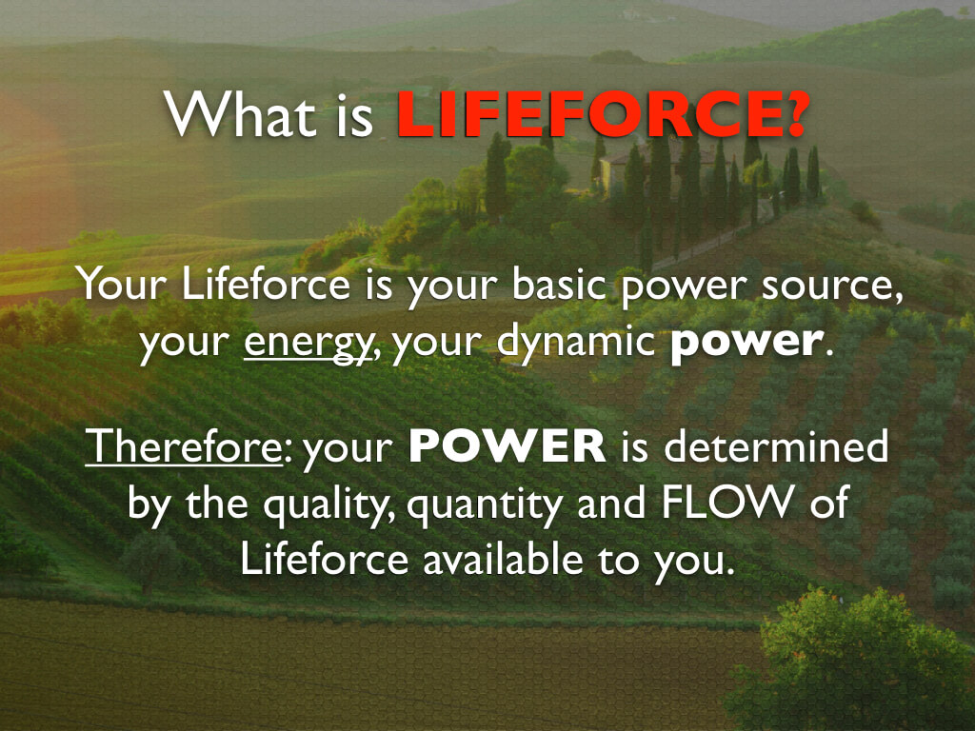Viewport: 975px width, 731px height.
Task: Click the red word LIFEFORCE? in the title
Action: coord(603,114)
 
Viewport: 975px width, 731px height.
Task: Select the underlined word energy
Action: coord(308,344)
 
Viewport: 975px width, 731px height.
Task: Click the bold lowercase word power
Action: coord(746,342)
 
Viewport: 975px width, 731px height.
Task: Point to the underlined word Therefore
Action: coord(184,445)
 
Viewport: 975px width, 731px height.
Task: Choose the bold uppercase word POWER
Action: coord(507,446)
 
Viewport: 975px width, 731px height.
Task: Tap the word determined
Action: coord(777,445)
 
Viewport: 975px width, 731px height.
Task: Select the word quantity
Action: coord(485,505)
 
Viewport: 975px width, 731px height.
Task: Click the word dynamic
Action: coord(576,342)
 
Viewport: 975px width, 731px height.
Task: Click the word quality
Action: coord(328,505)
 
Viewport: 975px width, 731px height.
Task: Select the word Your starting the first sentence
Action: coord(122,285)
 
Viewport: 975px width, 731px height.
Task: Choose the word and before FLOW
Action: coord(611,503)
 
